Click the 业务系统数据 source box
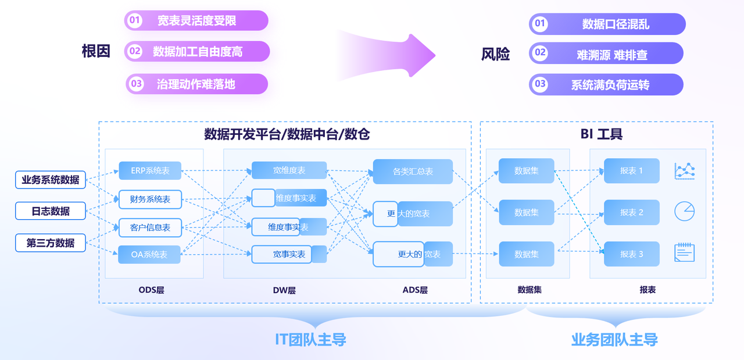(51, 180)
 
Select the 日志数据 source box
(51, 211)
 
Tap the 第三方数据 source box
(51, 243)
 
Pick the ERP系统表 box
(150, 170)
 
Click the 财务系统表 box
(150, 199)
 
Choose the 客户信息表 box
(150, 227)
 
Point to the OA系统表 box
(150, 254)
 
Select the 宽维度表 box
(289, 170)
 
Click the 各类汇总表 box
(413, 172)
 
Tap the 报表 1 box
(631, 171)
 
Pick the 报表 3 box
(631, 254)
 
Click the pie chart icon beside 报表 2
(684, 212)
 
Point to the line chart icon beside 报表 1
(684, 170)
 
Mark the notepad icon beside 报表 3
(684, 253)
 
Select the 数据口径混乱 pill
(607, 24)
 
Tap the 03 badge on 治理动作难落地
(136, 84)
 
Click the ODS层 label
(151, 290)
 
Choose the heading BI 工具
(601, 134)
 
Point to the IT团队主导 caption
(310, 340)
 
